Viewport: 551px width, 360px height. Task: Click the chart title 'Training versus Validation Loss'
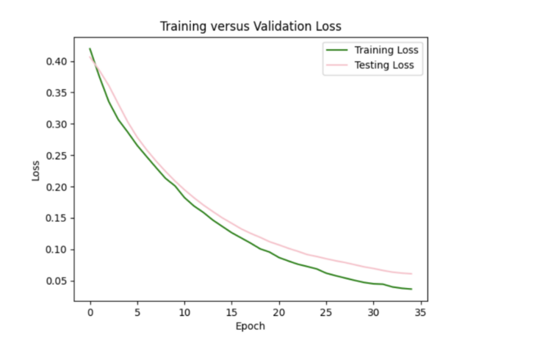(x=251, y=27)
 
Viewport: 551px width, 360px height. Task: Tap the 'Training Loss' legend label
(x=386, y=51)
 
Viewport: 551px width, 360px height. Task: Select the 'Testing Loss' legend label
(x=384, y=65)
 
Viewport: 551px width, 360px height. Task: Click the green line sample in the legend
(x=334, y=51)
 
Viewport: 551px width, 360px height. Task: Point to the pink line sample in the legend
(x=334, y=65)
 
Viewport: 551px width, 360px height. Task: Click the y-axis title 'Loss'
(x=36, y=171)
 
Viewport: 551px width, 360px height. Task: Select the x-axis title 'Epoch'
(x=251, y=326)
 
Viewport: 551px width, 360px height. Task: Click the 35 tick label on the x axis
(x=420, y=312)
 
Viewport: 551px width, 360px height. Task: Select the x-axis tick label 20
(x=279, y=312)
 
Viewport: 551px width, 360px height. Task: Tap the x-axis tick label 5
(x=137, y=312)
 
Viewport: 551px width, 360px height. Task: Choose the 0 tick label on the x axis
(x=90, y=312)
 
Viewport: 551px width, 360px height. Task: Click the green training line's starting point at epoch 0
(x=90, y=49)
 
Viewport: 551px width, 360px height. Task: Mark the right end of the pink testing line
(x=411, y=274)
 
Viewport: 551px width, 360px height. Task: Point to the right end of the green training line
(x=411, y=289)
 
